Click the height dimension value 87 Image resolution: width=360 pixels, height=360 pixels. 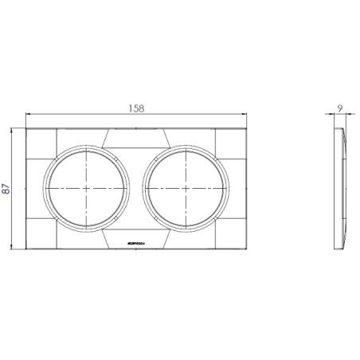7,190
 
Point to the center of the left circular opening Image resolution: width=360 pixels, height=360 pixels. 86,189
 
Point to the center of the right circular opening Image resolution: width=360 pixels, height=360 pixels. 187,189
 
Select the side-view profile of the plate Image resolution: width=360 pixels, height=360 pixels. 342,190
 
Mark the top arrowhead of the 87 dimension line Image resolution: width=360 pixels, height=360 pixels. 14,130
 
